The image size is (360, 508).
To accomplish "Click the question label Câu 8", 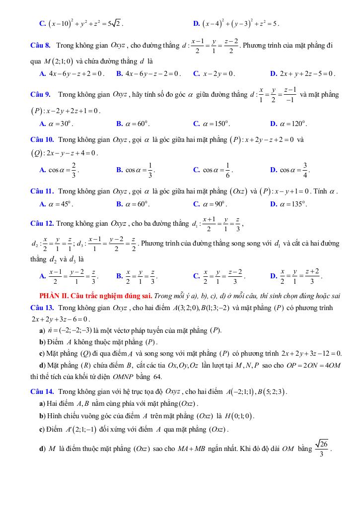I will (40, 46).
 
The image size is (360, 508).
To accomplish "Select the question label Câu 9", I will (40, 94).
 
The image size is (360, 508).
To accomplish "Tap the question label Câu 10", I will (42, 140).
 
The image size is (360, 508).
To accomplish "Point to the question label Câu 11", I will (42, 191).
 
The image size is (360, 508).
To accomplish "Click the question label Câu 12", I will (42, 224).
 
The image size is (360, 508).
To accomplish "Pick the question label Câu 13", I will (42, 308).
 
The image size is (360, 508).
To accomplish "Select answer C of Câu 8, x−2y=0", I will (215, 74).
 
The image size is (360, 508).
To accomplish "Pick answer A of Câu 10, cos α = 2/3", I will (59, 170).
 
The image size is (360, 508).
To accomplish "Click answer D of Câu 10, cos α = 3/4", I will (290, 170).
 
